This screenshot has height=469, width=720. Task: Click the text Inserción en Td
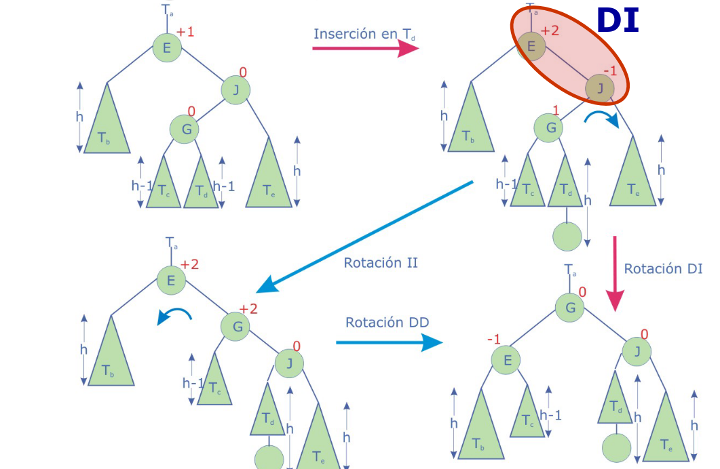[x=365, y=34]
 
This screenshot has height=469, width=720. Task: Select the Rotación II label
[x=381, y=262]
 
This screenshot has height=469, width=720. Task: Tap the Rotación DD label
[x=387, y=322]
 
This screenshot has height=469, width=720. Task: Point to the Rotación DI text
[x=663, y=268]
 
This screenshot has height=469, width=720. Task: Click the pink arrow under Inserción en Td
[x=365, y=48]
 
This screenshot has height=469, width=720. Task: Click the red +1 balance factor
[x=185, y=32]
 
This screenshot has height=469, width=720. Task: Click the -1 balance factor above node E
[x=493, y=339]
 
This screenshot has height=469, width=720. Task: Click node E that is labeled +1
[x=167, y=47]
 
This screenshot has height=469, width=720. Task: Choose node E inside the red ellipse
[x=532, y=46]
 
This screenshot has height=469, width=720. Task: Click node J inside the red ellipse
[x=600, y=88]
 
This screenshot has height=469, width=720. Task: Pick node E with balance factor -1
[x=507, y=361]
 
